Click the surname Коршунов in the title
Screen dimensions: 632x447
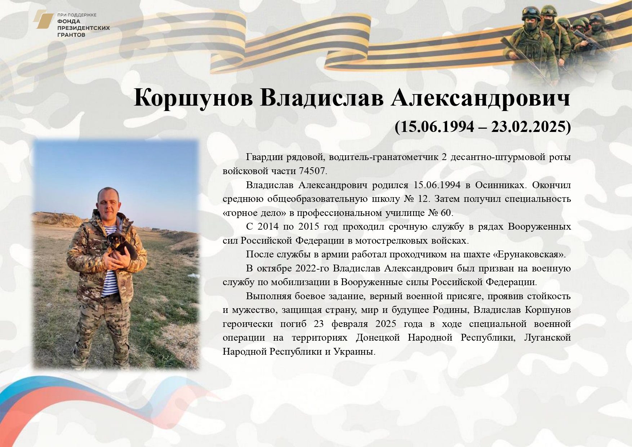click(x=193, y=98)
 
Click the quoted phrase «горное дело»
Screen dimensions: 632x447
click(x=254, y=213)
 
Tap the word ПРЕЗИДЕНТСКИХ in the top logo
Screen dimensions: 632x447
click(x=84, y=28)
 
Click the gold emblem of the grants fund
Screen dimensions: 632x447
click(x=44, y=19)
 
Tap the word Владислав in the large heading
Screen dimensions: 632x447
click(x=322, y=98)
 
